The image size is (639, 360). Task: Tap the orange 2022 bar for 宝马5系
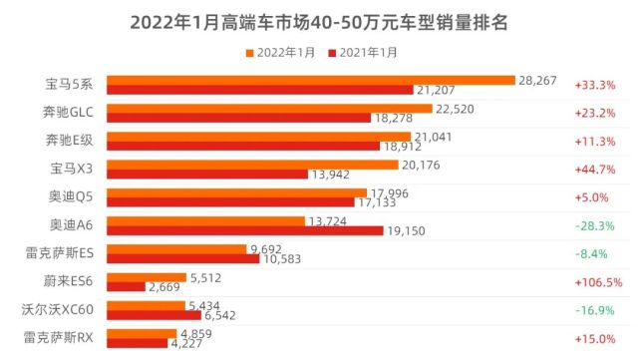point(310,80)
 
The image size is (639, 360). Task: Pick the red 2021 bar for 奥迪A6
point(244,231)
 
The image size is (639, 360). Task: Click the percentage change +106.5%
point(597,282)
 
